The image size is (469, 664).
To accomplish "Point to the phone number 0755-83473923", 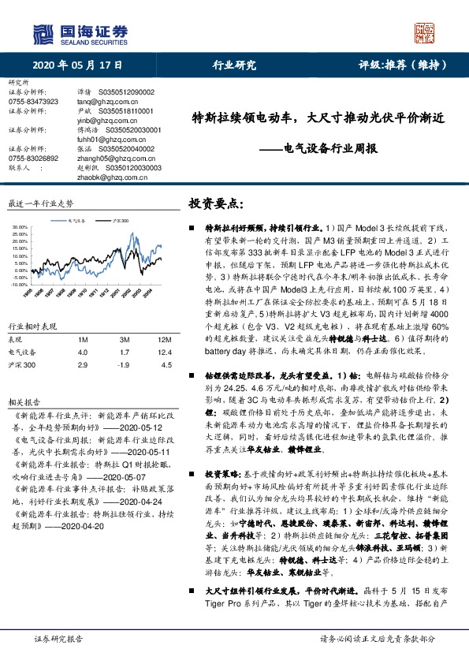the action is pos(33,102).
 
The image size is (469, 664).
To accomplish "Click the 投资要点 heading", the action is pos(213,204).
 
